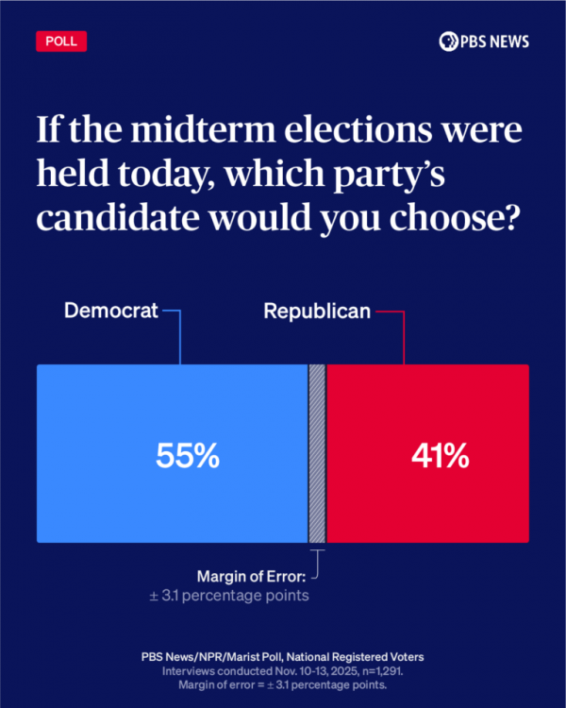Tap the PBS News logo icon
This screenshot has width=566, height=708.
coord(448,42)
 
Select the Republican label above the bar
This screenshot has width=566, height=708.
coord(316,311)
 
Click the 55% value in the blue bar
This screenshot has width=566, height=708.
coord(187,456)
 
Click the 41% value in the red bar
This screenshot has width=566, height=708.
coord(440,456)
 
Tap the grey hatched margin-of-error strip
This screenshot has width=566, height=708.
coord(317,453)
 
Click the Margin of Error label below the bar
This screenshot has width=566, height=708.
coord(252,576)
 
